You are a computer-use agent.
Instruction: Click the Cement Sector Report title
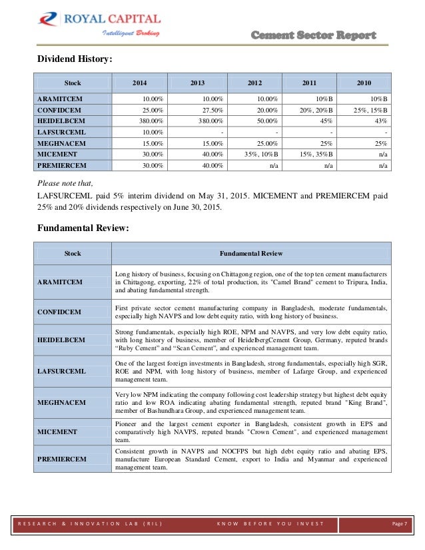(x=313, y=35)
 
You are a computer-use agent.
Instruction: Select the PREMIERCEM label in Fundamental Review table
(x=62, y=459)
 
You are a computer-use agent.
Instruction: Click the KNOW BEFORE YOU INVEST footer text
(x=270, y=524)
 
